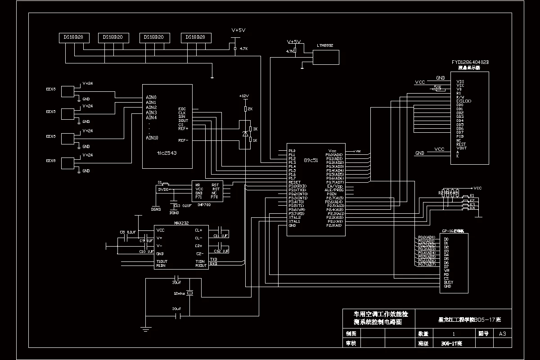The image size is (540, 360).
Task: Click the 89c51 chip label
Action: (310, 160)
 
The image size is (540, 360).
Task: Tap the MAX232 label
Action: (181, 223)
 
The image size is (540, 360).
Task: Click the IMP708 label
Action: (204, 204)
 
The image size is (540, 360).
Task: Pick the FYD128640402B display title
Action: (470, 62)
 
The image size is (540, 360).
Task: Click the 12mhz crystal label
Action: (179, 293)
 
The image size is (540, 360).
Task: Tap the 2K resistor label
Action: (250, 109)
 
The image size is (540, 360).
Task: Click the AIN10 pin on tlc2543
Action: (152, 138)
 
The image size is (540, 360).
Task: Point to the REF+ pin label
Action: (183, 129)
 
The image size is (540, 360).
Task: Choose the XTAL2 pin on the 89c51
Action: (295, 217)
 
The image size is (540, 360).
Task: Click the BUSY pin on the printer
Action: (448, 282)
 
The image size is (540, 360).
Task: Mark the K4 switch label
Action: (472, 208)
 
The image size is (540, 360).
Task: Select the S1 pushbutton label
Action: (160, 182)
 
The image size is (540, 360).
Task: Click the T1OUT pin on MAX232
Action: (162, 261)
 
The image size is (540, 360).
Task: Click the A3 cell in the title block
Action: (503, 333)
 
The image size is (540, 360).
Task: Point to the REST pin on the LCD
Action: (461, 144)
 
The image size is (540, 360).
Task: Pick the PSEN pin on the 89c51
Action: (332, 194)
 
